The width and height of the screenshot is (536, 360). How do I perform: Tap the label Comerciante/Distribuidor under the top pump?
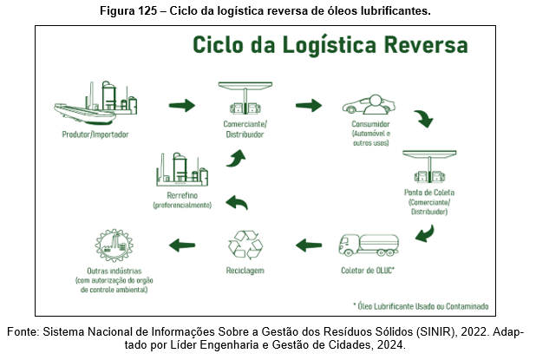[245, 128]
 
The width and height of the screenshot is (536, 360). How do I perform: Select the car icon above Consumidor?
[371, 107]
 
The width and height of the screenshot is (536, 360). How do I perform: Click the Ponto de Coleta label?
[429, 192]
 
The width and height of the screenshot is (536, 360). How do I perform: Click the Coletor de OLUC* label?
[370, 271]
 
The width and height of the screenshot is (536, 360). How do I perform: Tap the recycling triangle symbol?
[245, 243]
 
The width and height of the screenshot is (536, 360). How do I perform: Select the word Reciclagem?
[245, 271]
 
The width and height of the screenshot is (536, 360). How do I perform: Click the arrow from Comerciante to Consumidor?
[309, 106]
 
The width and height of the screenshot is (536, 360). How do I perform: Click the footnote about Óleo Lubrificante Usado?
[421, 306]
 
